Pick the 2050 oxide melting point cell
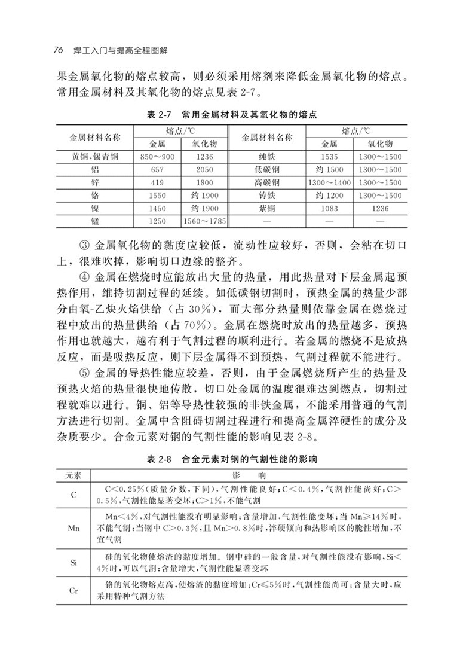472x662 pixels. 204,170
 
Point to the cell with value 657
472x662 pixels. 157,170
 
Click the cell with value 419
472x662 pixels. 157,182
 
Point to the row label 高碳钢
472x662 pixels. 266,182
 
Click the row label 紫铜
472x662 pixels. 266,209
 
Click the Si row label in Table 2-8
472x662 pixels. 73,563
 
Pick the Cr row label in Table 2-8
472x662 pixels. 73,591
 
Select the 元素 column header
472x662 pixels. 73,475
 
